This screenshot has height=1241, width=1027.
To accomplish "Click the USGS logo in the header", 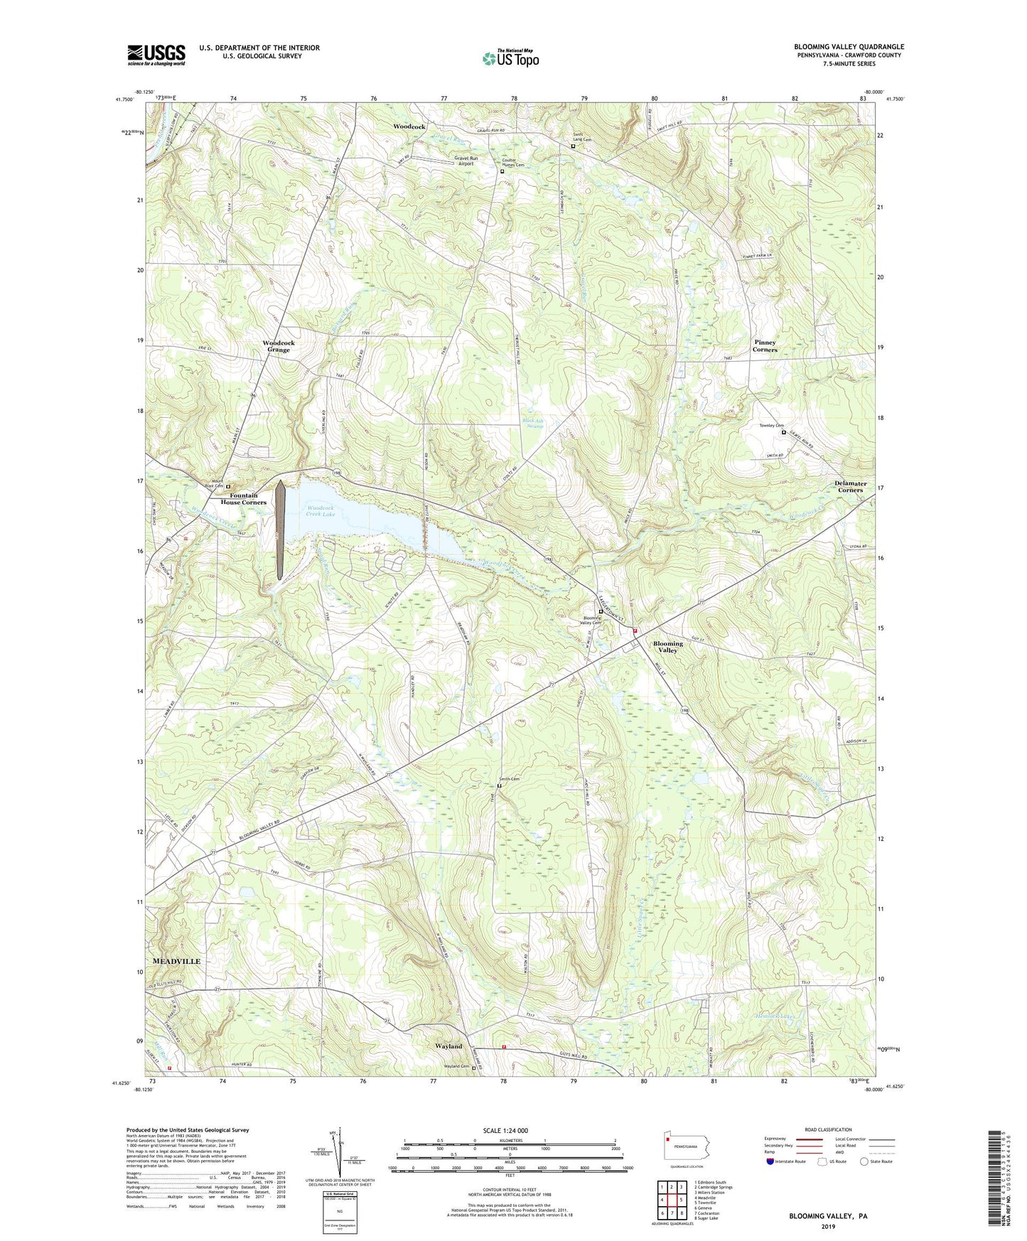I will (156, 55).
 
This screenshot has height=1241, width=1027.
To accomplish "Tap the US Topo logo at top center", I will (510, 58).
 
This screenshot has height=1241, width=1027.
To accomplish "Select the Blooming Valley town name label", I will (667, 647).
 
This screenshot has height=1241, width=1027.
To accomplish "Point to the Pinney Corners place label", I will (765, 346).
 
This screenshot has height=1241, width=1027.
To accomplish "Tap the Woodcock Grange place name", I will (279, 346).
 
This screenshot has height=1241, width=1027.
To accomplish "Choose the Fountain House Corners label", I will (244, 499).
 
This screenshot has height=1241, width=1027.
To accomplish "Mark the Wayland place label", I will (448, 1046).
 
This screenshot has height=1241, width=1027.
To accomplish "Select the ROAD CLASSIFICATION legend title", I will (829, 1130).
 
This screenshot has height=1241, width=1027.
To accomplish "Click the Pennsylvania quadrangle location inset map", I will (687, 1146).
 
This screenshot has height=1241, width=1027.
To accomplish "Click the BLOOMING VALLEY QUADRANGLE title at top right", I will (849, 47).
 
